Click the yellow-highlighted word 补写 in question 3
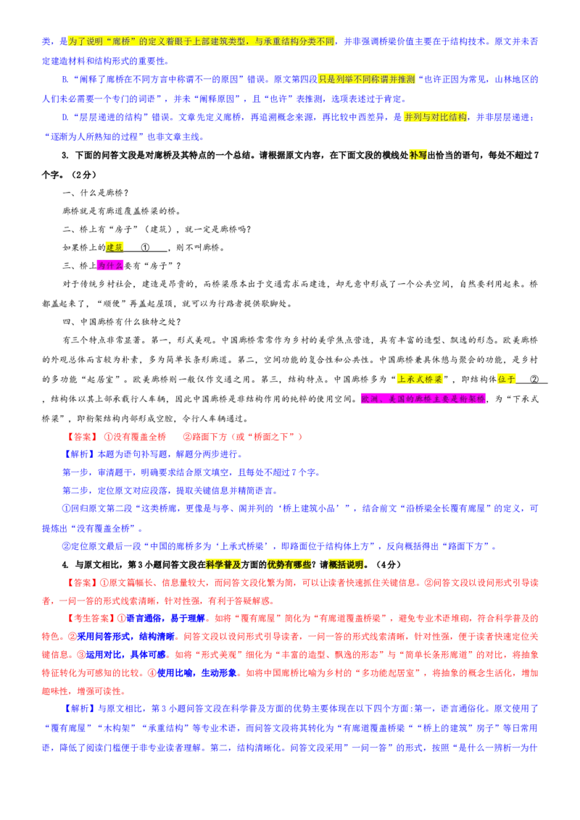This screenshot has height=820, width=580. (x=418, y=155)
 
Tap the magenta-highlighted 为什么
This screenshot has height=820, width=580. (x=110, y=266)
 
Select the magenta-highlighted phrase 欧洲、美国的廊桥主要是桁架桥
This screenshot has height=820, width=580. (x=423, y=399)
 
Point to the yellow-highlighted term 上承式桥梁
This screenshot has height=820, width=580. (x=420, y=379)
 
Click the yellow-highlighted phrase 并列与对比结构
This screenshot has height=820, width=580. (x=435, y=117)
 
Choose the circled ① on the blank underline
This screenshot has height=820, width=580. (x=145, y=247)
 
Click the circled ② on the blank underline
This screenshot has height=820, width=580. (x=534, y=379)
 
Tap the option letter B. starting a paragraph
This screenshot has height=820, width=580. (x=65, y=80)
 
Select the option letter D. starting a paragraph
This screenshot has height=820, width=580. (x=65, y=117)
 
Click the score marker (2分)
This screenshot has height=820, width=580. (x=83, y=175)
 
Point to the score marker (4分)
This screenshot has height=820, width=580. (x=389, y=565)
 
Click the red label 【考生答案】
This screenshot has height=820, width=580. (x=88, y=618)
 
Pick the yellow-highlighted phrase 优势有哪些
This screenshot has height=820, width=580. (x=289, y=565)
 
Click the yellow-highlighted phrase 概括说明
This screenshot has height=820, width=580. (x=346, y=565)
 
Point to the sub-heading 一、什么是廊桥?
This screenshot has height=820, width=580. (x=95, y=193)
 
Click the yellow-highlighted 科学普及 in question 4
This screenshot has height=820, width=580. (x=223, y=565)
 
